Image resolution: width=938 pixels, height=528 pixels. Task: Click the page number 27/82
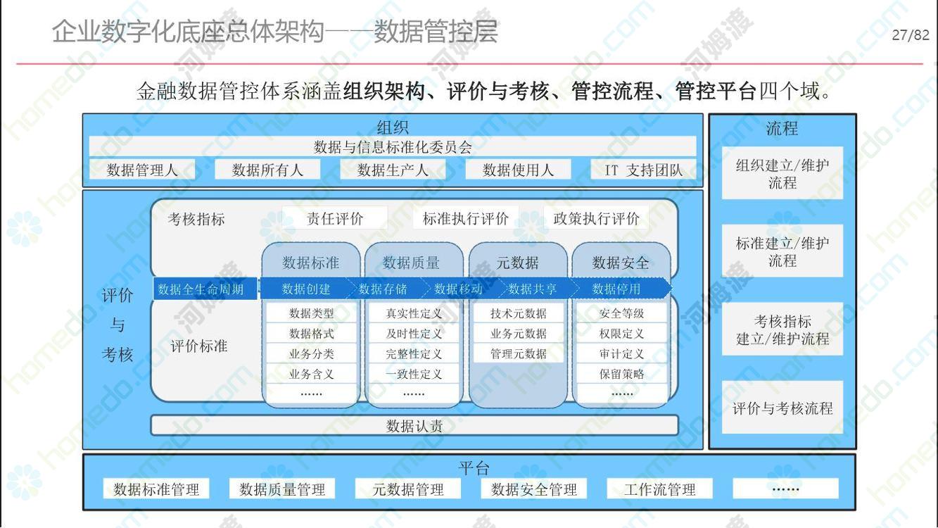point(911,34)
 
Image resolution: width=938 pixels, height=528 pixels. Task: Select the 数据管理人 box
point(142,170)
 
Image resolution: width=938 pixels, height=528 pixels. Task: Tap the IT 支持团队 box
point(644,170)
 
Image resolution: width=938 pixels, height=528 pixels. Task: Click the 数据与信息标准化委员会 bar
point(393,146)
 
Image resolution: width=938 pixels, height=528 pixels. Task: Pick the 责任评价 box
point(334,218)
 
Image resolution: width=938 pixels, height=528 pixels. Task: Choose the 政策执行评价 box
point(596,218)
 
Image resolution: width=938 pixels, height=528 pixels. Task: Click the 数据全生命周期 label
point(205,289)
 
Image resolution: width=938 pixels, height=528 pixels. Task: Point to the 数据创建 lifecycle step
point(306,289)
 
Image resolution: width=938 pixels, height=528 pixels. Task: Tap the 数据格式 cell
point(311,334)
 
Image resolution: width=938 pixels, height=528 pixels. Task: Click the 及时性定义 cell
point(414,334)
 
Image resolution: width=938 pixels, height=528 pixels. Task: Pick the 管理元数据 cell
point(519,353)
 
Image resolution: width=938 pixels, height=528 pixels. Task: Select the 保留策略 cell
point(621,374)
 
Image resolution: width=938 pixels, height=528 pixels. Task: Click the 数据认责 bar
point(414,426)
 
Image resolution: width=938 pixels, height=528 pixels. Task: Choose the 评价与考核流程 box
point(782,408)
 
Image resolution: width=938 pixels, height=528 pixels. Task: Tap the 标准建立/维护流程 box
point(782,251)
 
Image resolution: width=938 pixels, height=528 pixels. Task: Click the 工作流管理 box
point(659,489)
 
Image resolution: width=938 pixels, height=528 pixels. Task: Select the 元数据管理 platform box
point(408,489)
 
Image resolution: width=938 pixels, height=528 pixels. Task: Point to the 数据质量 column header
point(411,263)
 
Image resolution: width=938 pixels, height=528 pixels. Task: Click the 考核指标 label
point(196,219)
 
